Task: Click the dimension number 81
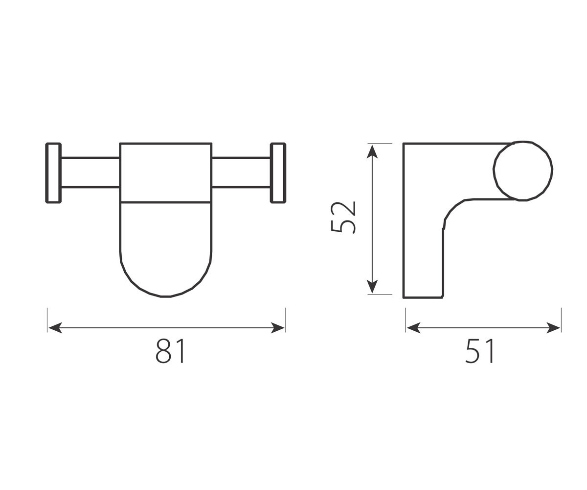point(170,351)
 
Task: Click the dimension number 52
point(343,217)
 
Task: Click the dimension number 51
point(479,351)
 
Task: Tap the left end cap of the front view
point(53,172)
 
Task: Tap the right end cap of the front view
point(278,172)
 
